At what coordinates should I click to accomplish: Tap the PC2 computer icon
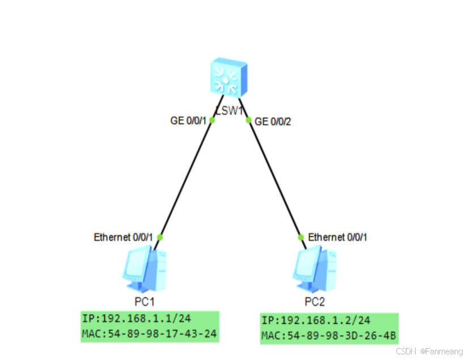tap(314, 268)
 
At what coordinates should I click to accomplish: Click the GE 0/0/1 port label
tap(189, 121)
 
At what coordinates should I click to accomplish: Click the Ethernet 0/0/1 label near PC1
tap(123, 238)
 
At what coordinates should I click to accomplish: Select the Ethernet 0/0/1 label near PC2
tap(337, 238)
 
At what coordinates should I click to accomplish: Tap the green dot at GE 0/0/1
tap(212, 120)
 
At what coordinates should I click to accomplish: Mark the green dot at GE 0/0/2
tap(248, 120)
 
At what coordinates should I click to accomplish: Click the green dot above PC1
tap(160, 237)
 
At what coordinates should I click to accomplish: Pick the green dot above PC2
tap(302, 237)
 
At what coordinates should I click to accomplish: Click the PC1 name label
tap(142, 300)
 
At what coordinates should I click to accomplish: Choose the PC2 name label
tap(314, 300)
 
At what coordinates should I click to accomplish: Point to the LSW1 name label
tap(229, 110)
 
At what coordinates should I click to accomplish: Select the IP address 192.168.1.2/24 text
tap(316, 321)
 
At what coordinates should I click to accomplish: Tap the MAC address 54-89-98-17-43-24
tap(149, 333)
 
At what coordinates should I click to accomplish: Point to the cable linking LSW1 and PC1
tap(186, 179)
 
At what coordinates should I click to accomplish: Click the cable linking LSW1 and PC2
tap(275, 179)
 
